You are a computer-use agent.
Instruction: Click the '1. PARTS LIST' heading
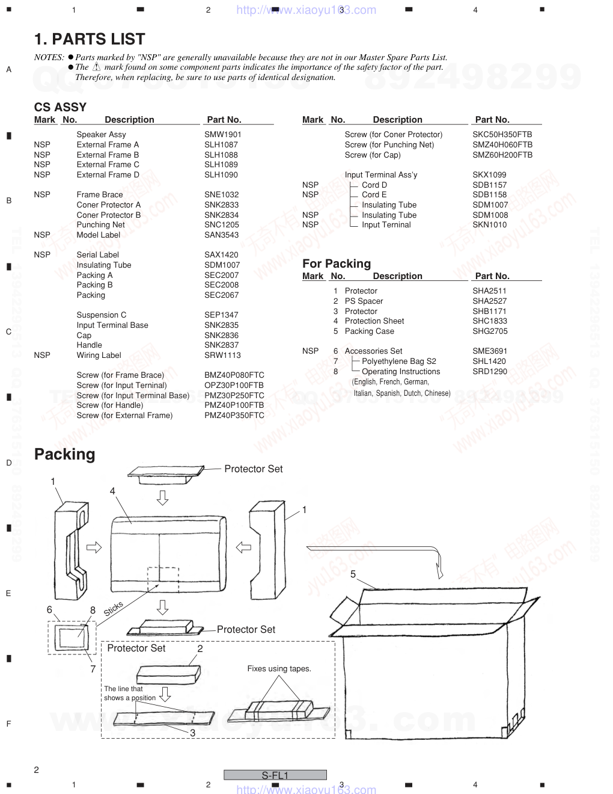[90, 39]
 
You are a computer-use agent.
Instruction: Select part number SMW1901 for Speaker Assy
[223, 135]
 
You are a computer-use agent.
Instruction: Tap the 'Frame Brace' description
[100, 195]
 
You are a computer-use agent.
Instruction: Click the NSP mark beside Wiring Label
[42, 355]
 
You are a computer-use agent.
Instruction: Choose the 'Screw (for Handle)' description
[110, 405]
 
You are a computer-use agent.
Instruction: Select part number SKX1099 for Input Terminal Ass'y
[489, 174]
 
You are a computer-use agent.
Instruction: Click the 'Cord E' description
[374, 195]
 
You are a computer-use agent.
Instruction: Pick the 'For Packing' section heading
[337, 263]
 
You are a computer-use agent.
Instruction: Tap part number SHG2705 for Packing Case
[490, 331]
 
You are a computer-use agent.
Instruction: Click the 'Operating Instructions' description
[401, 372]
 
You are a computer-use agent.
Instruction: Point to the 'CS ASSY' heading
[60, 107]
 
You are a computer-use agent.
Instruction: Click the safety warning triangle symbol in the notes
[96, 67]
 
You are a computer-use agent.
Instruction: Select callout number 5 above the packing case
[353, 574]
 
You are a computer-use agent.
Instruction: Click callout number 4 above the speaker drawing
[112, 491]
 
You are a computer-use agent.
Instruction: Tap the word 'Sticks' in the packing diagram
[113, 609]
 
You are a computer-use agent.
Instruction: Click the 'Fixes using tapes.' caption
[279, 669]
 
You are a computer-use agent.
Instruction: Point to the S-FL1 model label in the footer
[275, 775]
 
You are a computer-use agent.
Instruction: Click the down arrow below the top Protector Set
[162, 497]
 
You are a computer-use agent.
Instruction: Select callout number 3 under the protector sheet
[193, 733]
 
